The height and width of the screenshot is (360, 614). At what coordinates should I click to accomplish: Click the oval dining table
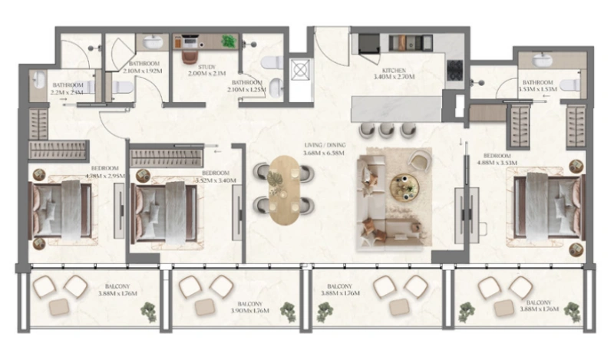[x=285, y=190]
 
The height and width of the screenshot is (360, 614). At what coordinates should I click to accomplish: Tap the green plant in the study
[x=228, y=41]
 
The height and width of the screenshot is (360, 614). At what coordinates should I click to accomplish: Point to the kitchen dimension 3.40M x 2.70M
[x=394, y=78]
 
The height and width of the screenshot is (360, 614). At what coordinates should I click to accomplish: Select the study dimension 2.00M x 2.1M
[x=200, y=74]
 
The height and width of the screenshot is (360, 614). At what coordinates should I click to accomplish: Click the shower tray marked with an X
[x=299, y=70]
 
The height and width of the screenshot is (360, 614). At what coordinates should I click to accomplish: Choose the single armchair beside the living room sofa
[x=420, y=161]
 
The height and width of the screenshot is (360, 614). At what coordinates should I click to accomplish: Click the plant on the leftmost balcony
[x=148, y=311]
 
